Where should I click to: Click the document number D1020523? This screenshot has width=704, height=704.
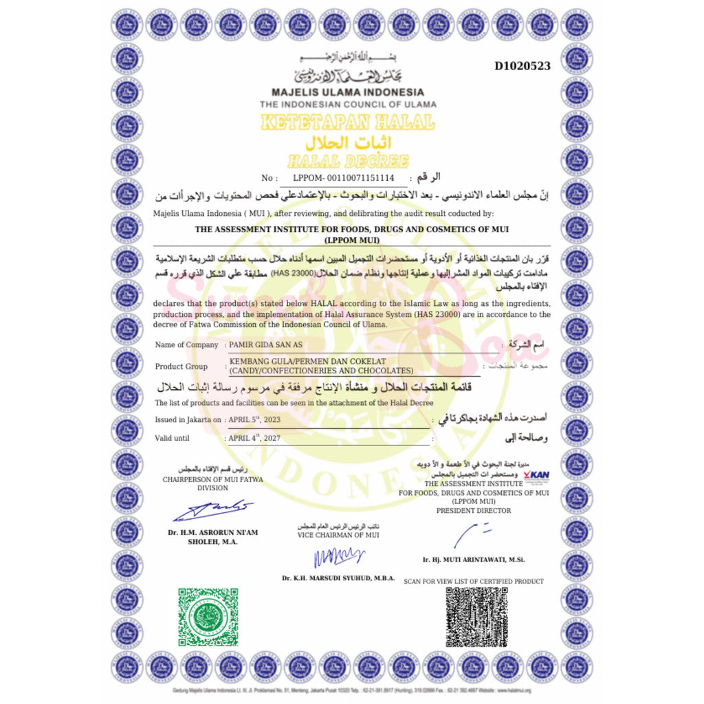522,66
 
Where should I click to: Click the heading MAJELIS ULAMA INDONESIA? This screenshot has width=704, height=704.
347,92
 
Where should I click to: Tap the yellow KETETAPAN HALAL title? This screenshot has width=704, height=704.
347,122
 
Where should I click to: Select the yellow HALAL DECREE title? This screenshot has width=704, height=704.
348,162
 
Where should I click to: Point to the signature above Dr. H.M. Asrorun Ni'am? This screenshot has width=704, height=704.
212,510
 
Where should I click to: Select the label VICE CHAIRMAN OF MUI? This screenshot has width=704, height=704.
338,535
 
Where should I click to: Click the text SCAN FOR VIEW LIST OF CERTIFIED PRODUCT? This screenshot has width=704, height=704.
474,581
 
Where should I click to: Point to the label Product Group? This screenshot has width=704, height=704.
181,366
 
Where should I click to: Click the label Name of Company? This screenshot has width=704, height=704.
186,344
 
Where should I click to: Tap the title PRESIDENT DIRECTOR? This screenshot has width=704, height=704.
474,511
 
